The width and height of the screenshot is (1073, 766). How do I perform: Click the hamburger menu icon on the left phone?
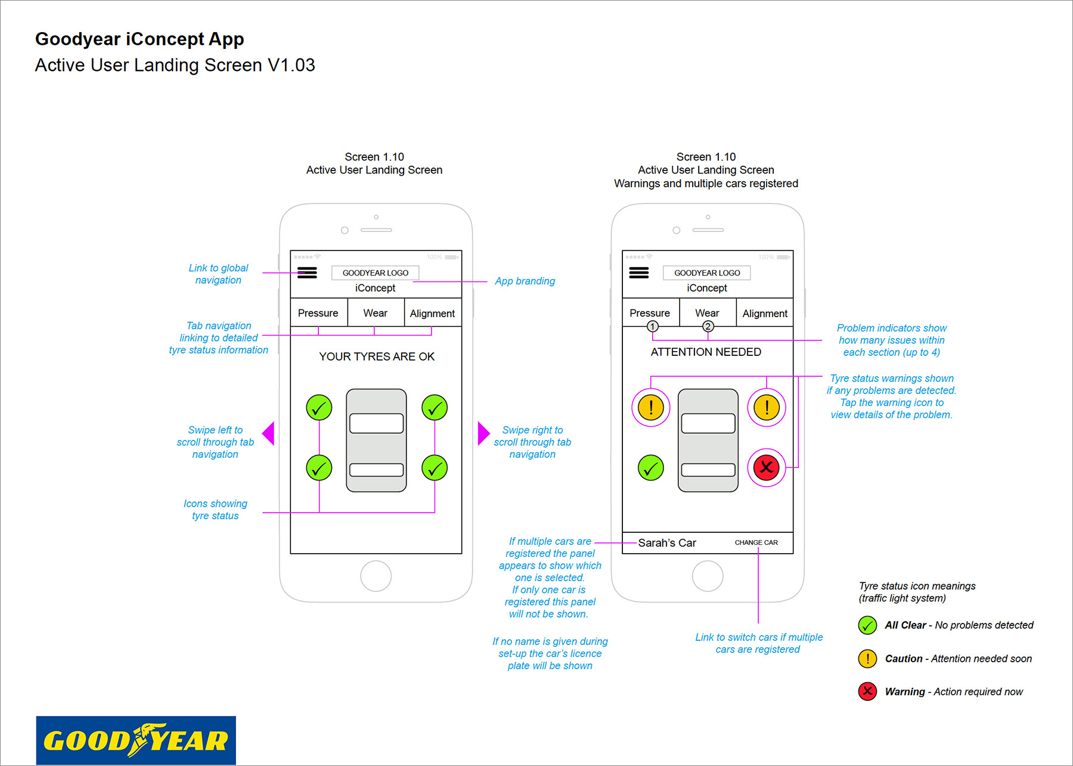click(x=307, y=273)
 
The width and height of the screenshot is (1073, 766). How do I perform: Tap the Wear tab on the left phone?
click(x=376, y=313)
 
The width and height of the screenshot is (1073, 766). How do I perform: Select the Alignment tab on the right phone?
click(x=765, y=313)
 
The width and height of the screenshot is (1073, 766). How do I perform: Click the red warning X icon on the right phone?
click(x=767, y=467)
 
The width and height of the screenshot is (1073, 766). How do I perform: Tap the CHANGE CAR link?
click(x=756, y=542)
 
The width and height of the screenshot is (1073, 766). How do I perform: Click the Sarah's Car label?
click(x=667, y=542)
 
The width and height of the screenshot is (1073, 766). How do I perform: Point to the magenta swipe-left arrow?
click(x=268, y=433)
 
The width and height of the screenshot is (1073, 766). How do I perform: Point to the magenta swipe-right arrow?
click(x=484, y=433)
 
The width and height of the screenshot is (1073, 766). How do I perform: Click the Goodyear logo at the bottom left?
click(x=136, y=740)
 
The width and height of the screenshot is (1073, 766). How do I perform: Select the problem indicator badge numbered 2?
click(x=708, y=326)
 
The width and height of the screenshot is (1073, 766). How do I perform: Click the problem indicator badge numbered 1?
click(x=653, y=326)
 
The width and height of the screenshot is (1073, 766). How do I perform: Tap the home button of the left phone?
click(x=376, y=576)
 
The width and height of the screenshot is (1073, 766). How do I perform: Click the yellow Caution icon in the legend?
click(x=867, y=659)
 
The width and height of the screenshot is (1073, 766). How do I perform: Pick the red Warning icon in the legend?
click(x=867, y=691)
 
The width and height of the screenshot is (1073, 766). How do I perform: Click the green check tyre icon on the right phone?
click(x=651, y=467)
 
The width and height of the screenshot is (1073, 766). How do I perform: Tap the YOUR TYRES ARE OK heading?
click(x=377, y=356)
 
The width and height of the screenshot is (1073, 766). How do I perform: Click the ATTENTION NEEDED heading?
click(x=706, y=352)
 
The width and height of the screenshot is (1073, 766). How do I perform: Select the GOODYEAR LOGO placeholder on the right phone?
click(x=707, y=272)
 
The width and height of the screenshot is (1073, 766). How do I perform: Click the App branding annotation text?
click(x=525, y=281)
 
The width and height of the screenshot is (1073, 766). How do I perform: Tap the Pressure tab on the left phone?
click(x=318, y=313)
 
